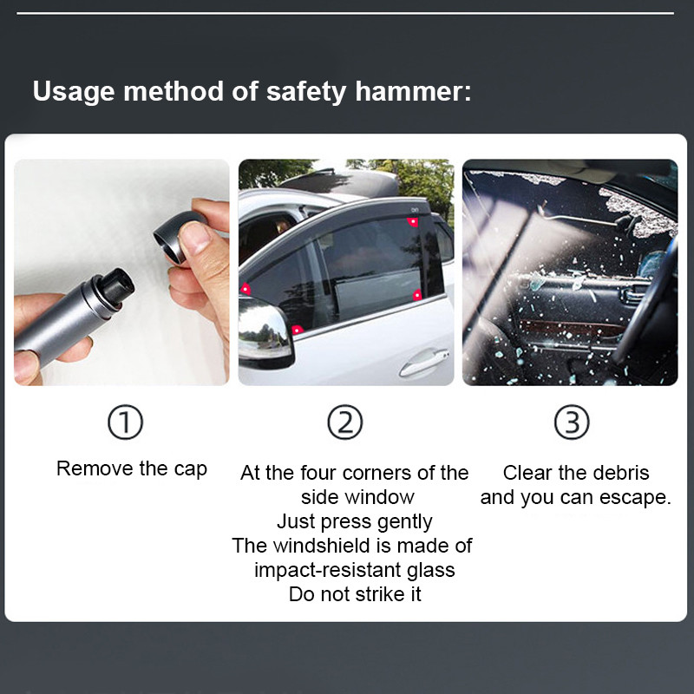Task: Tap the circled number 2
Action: tap(345, 422)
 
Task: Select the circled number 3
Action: tap(572, 422)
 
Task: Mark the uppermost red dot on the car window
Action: tap(413, 222)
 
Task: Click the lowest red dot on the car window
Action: tap(297, 329)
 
